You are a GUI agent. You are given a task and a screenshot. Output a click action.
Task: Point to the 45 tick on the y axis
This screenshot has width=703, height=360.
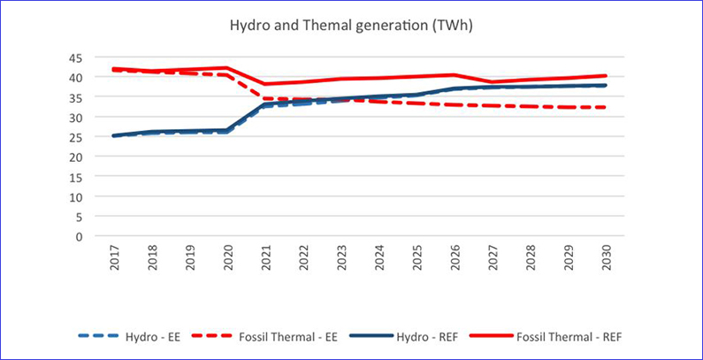click(77, 57)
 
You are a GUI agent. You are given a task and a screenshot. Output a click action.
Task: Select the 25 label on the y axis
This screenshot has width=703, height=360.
click(77, 137)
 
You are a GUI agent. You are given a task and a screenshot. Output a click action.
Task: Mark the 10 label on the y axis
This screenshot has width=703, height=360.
click(77, 196)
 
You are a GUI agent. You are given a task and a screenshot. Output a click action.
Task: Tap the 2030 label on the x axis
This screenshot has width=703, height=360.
click(604, 257)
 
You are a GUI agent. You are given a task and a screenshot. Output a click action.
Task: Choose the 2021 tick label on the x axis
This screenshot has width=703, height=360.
click(266, 257)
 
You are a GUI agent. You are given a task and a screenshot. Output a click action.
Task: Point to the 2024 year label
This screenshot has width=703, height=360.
click(378, 257)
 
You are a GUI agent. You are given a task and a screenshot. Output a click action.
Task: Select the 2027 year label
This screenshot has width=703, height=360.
click(492, 257)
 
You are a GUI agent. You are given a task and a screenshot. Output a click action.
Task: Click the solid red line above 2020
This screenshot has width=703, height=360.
click(228, 68)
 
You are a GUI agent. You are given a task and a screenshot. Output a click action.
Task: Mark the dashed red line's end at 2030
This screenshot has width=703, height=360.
click(604, 108)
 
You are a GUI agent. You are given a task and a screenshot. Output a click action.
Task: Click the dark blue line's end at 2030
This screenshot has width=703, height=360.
click(604, 86)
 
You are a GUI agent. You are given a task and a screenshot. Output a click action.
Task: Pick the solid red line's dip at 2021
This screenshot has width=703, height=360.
click(266, 84)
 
